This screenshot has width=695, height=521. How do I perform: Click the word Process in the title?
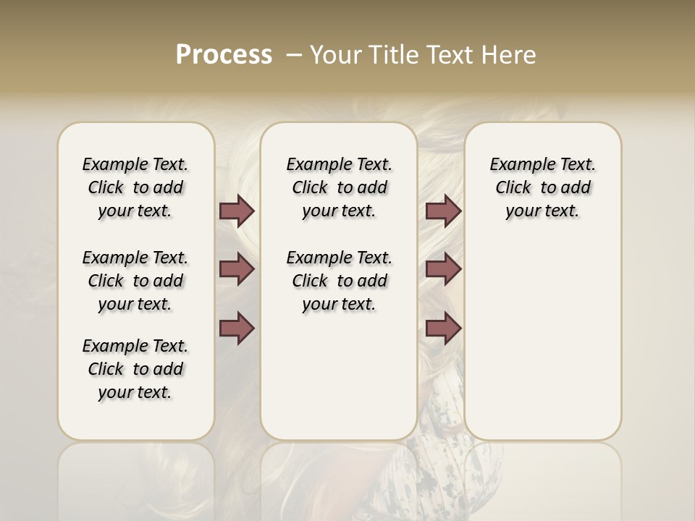(x=224, y=55)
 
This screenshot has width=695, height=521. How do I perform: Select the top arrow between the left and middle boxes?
(x=237, y=211)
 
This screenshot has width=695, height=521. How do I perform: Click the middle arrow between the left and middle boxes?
(x=237, y=269)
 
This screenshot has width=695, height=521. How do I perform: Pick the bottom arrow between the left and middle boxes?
(x=237, y=329)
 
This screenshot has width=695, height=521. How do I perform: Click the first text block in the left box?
(x=135, y=187)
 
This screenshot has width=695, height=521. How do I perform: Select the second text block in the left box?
(x=135, y=281)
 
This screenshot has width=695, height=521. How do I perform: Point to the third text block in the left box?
(x=135, y=369)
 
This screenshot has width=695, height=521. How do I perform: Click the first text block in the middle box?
(x=339, y=187)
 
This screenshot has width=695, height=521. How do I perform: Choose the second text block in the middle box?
(x=339, y=281)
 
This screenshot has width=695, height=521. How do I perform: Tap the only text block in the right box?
(x=542, y=187)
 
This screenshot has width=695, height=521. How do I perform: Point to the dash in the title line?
(x=294, y=55)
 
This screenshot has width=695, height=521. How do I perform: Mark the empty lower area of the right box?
(x=542, y=340)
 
